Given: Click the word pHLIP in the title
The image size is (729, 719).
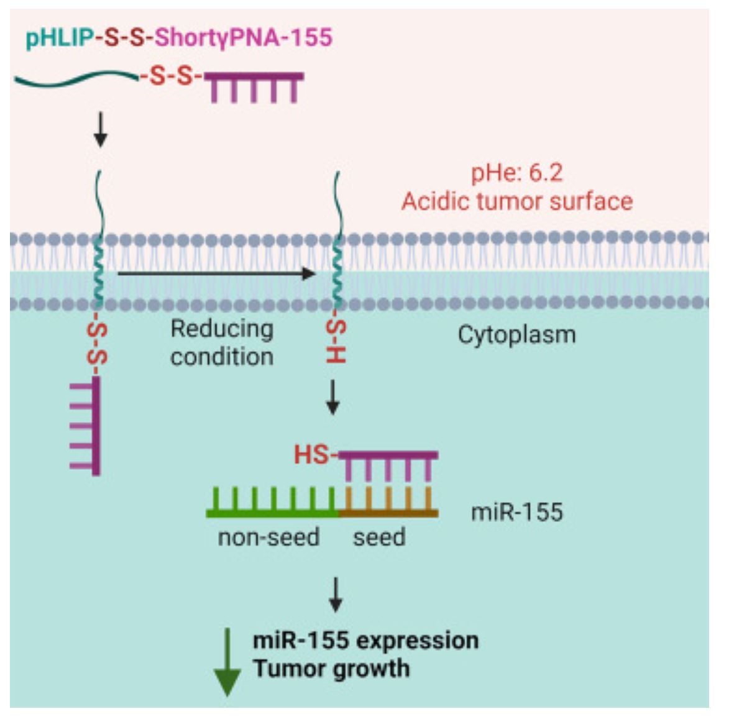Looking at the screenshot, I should tap(59, 38).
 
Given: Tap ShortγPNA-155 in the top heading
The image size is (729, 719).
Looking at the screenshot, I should tap(243, 38).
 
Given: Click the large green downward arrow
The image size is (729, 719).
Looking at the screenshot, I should tap(227, 662).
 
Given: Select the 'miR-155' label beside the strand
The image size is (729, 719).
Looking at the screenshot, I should tap(516, 512).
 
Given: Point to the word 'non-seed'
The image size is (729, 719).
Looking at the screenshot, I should tap(268, 537).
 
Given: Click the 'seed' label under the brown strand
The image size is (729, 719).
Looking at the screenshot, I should tap(379, 537).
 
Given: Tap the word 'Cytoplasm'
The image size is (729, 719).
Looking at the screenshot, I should tap(516, 335).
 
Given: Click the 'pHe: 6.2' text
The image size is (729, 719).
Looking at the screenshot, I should tap(516, 173).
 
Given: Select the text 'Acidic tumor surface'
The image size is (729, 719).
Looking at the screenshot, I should tap(516, 201).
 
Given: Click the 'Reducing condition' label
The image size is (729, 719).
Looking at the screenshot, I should tap(222, 342).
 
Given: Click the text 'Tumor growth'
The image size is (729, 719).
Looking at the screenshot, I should tap(331, 669).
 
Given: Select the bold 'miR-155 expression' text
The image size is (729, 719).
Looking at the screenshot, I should tap(365, 640).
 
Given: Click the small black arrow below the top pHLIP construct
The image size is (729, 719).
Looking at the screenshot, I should tap(100, 131).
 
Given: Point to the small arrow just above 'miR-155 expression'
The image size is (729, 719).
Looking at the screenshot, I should tap(336, 595).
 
